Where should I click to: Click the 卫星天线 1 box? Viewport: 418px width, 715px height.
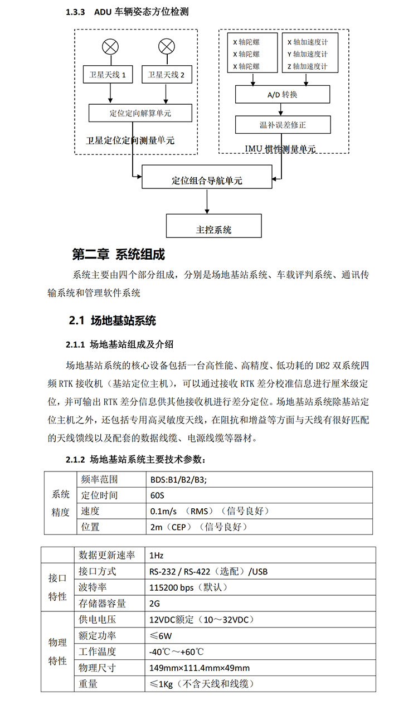[x=108, y=75]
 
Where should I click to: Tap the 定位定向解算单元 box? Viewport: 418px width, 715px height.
[x=140, y=113]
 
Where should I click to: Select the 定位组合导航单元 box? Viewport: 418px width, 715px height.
[x=207, y=180]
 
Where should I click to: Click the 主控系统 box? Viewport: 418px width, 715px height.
[x=214, y=228]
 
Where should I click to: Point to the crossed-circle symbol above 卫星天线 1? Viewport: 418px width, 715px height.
[x=108, y=46]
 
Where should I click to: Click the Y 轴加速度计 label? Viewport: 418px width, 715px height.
[x=307, y=54]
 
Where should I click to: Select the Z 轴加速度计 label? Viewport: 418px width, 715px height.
[x=307, y=66]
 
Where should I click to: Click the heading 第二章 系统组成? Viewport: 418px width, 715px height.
[x=119, y=255]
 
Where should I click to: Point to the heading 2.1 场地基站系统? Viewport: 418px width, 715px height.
[x=112, y=320]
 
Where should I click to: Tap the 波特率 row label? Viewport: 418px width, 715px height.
[x=93, y=587]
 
